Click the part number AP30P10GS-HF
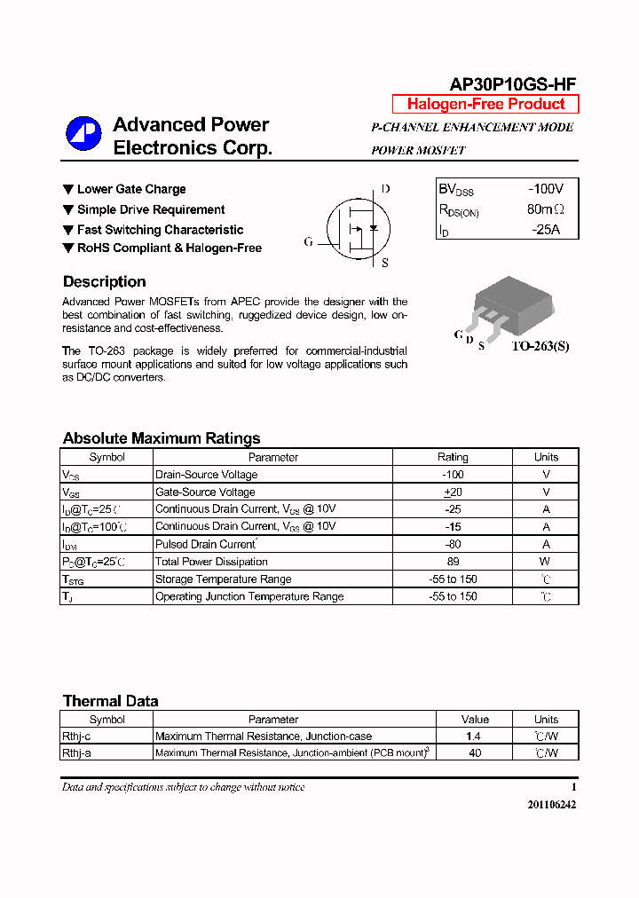click(513, 84)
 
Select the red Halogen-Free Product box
click(485, 104)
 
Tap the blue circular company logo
click(83, 135)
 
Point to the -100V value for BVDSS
click(545, 189)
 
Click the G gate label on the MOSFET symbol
click(309, 241)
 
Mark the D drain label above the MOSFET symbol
click(385, 189)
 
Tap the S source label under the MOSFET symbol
click(385, 263)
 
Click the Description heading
click(105, 282)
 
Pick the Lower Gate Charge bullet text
click(131, 189)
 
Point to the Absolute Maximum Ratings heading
click(162, 438)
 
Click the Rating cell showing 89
click(453, 562)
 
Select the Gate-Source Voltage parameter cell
click(205, 492)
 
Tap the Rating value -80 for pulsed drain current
click(453, 544)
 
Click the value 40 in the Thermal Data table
click(475, 752)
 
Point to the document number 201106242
click(551, 805)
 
